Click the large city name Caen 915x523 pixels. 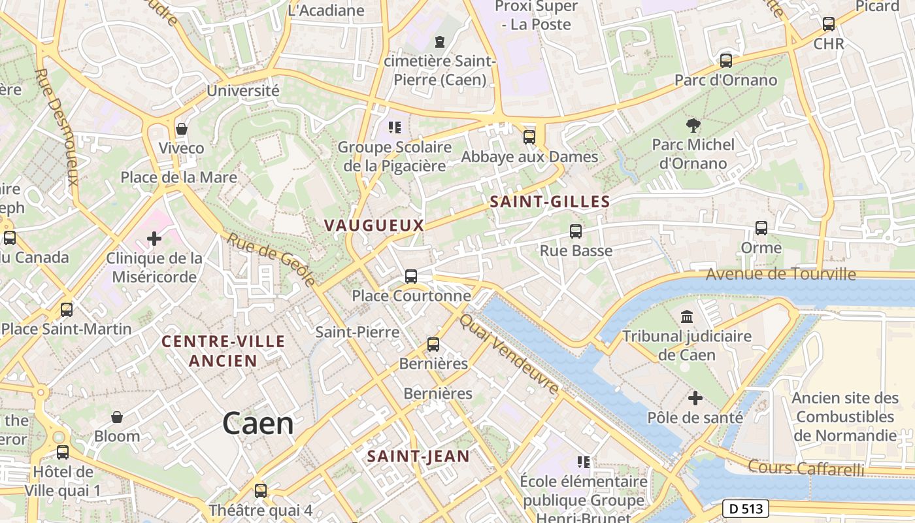click(x=258, y=424)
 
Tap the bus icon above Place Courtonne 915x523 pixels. click(x=411, y=277)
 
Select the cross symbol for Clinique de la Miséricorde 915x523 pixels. click(x=154, y=239)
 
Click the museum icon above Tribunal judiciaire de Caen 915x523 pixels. click(x=687, y=317)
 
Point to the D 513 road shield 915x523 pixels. click(x=746, y=508)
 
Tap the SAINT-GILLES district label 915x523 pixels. click(x=550, y=202)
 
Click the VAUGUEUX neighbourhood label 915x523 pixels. click(x=374, y=226)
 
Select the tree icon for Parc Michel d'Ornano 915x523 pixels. click(x=693, y=125)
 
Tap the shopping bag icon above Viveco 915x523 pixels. click(x=182, y=129)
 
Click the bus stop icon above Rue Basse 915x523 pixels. click(x=576, y=231)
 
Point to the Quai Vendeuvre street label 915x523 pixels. click(x=509, y=354)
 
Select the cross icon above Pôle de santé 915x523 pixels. click(x=695, y=397)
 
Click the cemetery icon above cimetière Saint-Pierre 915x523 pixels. click(x=440, y=42)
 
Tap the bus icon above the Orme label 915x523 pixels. click(x=761, y=228)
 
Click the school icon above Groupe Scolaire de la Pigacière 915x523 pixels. click(x=394, y=127)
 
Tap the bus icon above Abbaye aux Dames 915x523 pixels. click(x=529, y=137)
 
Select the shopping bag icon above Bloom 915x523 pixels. click(x=117, y=416)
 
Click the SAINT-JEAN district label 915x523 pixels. click(x=418, y=456)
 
